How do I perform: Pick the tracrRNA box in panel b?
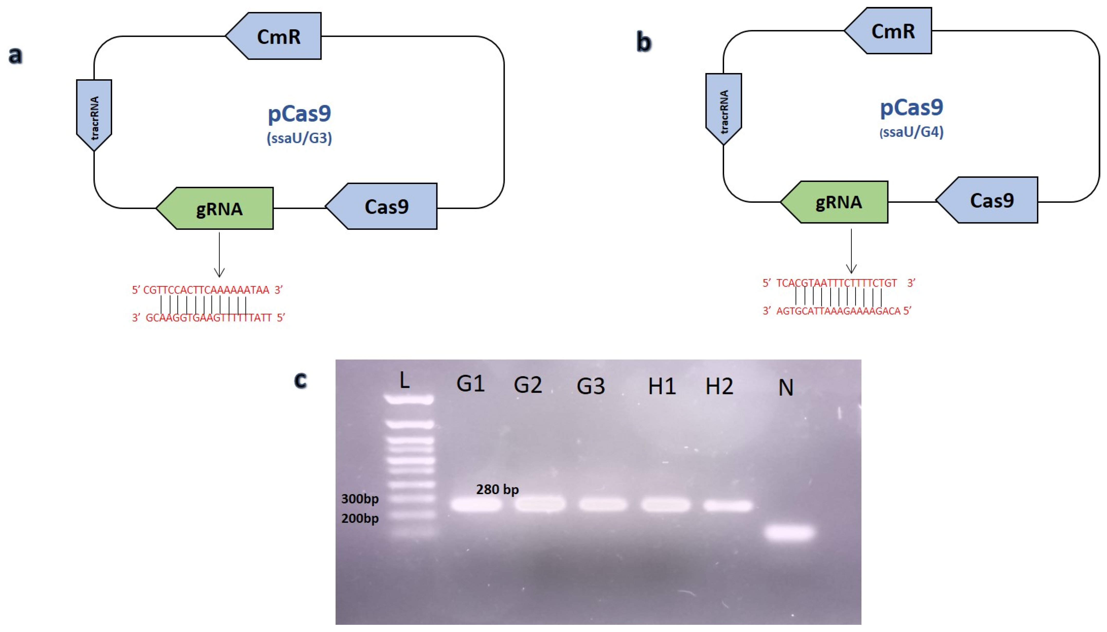(x=723, y=109)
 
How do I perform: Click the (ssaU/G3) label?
(x=299, y=138)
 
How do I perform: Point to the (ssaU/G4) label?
(x=911, y=131)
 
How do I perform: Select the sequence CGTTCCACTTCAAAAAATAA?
(x=206, y=290)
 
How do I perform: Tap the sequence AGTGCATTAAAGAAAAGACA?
(x=838, y=311)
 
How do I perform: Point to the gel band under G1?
(x=476, y=505)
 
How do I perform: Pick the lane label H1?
(x=662, y=386)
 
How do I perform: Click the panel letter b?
(x=644, y=42)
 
